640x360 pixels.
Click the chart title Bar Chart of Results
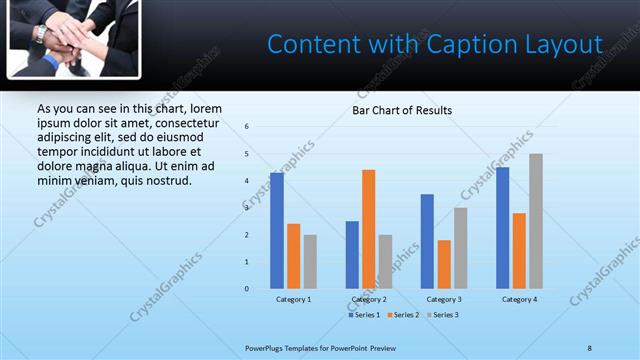(401, 110)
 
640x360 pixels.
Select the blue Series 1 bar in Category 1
(277, 231)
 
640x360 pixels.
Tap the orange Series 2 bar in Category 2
(368, 229)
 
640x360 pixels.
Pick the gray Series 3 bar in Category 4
(536, 221)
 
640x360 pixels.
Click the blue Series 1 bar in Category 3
(427, 241)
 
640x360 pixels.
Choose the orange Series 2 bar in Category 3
(444, 264)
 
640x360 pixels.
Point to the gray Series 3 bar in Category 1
(310, 262)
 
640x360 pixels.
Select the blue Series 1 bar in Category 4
(502, 228)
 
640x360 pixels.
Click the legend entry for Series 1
(365, 315)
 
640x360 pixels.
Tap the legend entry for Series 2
(405, 315)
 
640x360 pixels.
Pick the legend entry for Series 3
(445, 315)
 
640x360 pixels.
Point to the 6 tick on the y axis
(247, 127)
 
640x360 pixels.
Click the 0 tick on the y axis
(247, 289)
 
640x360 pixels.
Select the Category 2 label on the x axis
(369, 300)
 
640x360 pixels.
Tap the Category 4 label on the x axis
(519, 300)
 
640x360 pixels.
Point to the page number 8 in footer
(589, 347)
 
